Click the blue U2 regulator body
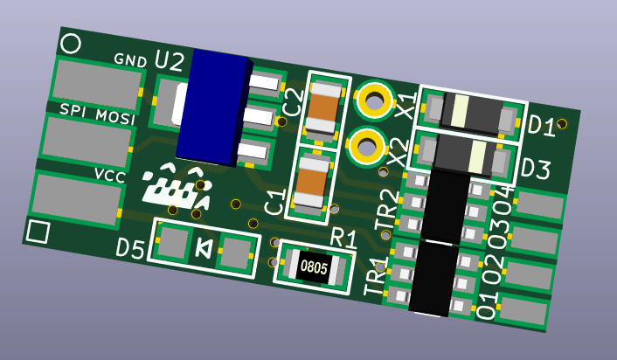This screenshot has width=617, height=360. click(213, 107)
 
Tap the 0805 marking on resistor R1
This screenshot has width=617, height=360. click(314, 267)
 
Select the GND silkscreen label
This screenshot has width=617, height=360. click(130, 60)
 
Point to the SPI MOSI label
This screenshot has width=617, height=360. click(97, 114)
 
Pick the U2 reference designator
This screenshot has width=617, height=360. click(170, 61)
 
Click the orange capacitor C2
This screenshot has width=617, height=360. click(323, 109)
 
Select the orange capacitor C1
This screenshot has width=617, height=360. click(312, 183)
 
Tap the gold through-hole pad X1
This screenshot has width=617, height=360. click(374, 100)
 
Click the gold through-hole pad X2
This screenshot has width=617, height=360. click(367, 148)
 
